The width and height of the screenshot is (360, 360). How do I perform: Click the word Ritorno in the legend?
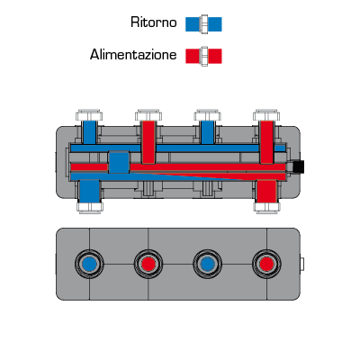coord(154,22)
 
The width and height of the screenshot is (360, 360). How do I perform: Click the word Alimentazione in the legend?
coord(133,55)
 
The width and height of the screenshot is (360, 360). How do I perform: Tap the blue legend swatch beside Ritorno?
coord(203,24)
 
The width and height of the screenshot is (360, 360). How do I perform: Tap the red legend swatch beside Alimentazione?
coord(203,56)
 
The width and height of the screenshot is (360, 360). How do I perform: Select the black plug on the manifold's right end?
coord(298,166)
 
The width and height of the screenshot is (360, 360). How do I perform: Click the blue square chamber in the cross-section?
coord(119,162)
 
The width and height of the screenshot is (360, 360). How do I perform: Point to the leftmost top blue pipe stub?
coord(89,132)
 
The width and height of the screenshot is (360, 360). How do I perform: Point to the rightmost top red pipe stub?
coord(266,142)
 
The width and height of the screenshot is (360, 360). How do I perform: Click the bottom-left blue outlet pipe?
coord(90,192)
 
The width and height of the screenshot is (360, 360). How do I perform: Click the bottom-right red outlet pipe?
coord(266,192)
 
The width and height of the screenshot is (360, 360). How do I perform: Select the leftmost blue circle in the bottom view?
coord(89,265)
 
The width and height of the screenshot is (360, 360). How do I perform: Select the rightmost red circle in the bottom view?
coord(266,265)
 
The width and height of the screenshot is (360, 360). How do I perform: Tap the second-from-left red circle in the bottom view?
coord(148,265)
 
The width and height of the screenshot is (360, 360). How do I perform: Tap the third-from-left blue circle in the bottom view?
coord(207,265)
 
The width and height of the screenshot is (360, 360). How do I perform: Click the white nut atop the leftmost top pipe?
coord(89,115)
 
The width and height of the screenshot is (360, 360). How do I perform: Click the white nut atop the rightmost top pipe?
coord(266,115)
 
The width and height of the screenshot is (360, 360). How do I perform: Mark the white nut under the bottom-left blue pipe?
coord(90,208)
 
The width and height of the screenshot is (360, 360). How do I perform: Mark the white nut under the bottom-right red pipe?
coord(266,208)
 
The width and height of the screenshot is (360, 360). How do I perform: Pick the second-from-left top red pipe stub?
coord(148,142)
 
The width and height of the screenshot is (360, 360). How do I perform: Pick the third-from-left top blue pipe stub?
coord(207,132)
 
